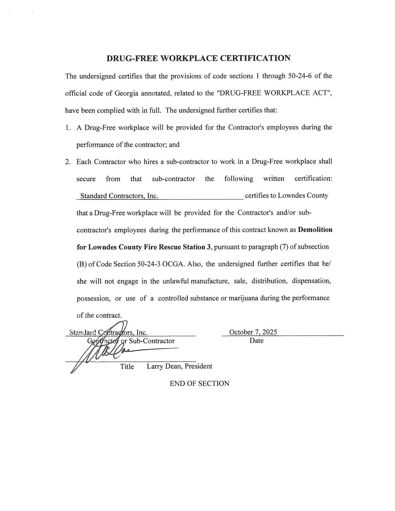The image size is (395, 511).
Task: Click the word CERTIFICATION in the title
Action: click(255, 58)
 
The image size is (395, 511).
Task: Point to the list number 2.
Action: click(68, 162)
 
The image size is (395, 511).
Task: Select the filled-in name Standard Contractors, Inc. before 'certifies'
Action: click(119, 196)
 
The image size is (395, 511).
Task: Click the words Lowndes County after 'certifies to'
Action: click(303, 196)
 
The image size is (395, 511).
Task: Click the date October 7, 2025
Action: click(253, 332)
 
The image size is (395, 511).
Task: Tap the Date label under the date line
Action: click(256, 341)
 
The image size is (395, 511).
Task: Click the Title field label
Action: click(127, 367)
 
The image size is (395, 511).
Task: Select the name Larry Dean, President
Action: click(179, 366)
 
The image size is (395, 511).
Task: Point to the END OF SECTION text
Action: click(200, 383)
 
